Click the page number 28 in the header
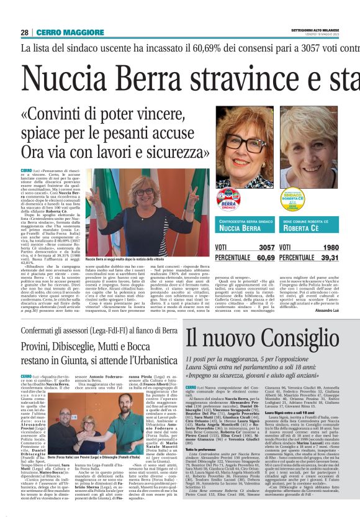(x=24, y=32)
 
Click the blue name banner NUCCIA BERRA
(x=242, y=225)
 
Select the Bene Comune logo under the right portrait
(x=290, y=200)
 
